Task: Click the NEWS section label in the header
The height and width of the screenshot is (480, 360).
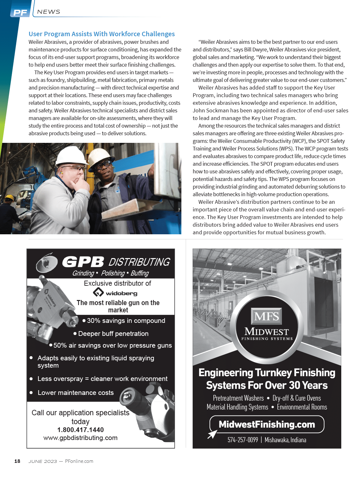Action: pos(49,12)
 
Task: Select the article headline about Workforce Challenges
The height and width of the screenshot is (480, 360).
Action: pos(102,34)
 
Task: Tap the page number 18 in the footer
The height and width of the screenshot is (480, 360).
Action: pos(17,461)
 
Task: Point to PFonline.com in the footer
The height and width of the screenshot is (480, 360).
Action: pos(79,461)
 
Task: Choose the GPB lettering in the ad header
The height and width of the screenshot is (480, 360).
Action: pos(83,262)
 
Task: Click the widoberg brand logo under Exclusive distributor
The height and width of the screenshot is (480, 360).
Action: pos(115,293)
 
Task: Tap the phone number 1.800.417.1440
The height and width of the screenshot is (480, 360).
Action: pos(80,430)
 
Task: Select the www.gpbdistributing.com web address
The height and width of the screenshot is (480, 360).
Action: pos(80,438)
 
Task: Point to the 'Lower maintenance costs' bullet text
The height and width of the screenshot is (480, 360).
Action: pos(76,393)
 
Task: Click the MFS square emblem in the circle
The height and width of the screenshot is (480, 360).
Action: pos(267,316)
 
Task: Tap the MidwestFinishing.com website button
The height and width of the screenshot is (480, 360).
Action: pos(267,424)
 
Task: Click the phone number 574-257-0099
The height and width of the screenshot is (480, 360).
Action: pos(243,440)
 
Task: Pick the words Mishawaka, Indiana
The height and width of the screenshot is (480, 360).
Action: pos(285,440)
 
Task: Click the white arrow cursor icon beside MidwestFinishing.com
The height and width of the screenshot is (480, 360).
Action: pos(212,434)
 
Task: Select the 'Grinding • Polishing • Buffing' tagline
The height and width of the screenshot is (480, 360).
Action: pos(110,273)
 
